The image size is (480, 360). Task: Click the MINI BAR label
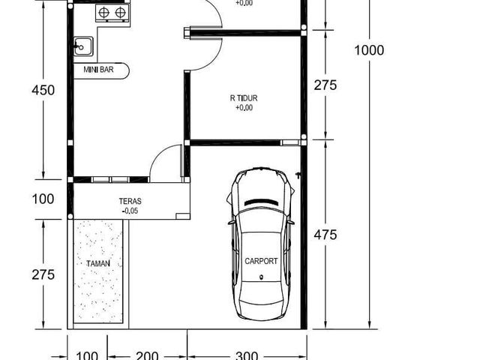[x=98, y=70]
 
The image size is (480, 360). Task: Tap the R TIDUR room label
[x=244, y=98]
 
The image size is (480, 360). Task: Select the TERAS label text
[x=130, y=202]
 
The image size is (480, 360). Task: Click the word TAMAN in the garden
[x=98, y=263]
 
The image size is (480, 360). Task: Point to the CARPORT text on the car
[x=261, y=262]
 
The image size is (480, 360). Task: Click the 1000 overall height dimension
[x=369, y=50]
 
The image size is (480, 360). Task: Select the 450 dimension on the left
[x=43, y=90]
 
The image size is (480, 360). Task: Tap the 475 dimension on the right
[x=325, y=235]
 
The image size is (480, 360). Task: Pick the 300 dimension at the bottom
[x=247, y=355]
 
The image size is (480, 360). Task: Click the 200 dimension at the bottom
[x=147, y=355]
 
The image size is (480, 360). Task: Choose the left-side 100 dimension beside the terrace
[x=43, y=199]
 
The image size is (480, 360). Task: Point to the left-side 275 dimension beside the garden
[x=43, y=274]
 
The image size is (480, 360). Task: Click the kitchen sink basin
[x=83, y=46]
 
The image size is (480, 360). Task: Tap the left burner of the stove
[x=104, y=13]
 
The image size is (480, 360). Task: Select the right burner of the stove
[x=120, y=13]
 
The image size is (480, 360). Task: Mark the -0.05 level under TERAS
[x=130, y=211]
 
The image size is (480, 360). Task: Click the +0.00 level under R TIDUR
[x=244, y=108]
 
